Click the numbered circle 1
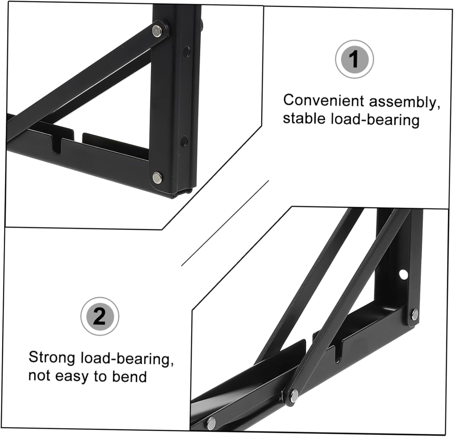pos(354,59)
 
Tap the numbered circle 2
pos(100,316)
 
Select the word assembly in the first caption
pos(404,102)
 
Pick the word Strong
pos(52,357)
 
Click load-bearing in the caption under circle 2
pos(127,359)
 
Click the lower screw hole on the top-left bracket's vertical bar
pos(183,141)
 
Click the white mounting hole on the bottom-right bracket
pos(403,274)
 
